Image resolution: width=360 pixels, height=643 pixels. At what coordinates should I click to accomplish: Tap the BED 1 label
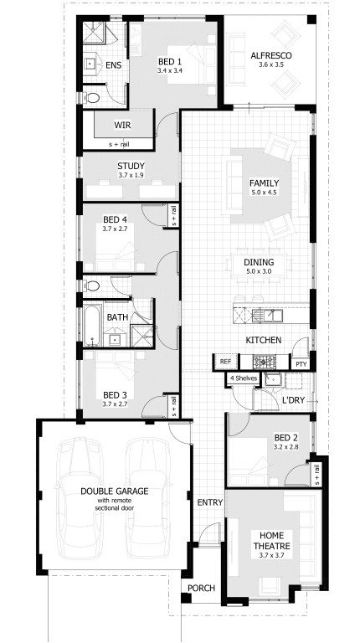(x=170, y=61)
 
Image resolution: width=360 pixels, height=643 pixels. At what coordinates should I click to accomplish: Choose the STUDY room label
(x=131, y=166)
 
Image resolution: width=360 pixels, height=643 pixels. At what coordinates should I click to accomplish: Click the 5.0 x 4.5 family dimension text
(x=264, y=193)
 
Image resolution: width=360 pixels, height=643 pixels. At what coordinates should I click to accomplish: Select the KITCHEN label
(x=263, y=340)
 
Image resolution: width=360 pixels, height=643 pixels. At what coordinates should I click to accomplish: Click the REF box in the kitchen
(x=225, y=362)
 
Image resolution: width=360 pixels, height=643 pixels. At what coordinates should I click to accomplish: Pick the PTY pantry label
(x=301, y=363)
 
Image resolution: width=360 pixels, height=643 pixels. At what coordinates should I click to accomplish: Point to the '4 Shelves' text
(x=243, y=378)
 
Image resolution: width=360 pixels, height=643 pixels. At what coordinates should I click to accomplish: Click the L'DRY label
(x=293, y=401)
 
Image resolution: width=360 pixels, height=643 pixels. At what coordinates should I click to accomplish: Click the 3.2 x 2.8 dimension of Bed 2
(x=285, y=446)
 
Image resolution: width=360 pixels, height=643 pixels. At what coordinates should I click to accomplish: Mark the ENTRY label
(x=208, y=502)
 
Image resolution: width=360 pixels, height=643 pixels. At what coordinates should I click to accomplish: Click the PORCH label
(x=200, y=588)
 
